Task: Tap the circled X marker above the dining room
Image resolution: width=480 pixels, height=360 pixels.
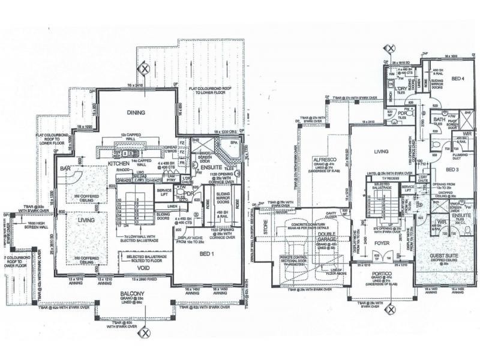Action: [x=144, y=68]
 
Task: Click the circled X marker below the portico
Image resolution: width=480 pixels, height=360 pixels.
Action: [x=391, y=310]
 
